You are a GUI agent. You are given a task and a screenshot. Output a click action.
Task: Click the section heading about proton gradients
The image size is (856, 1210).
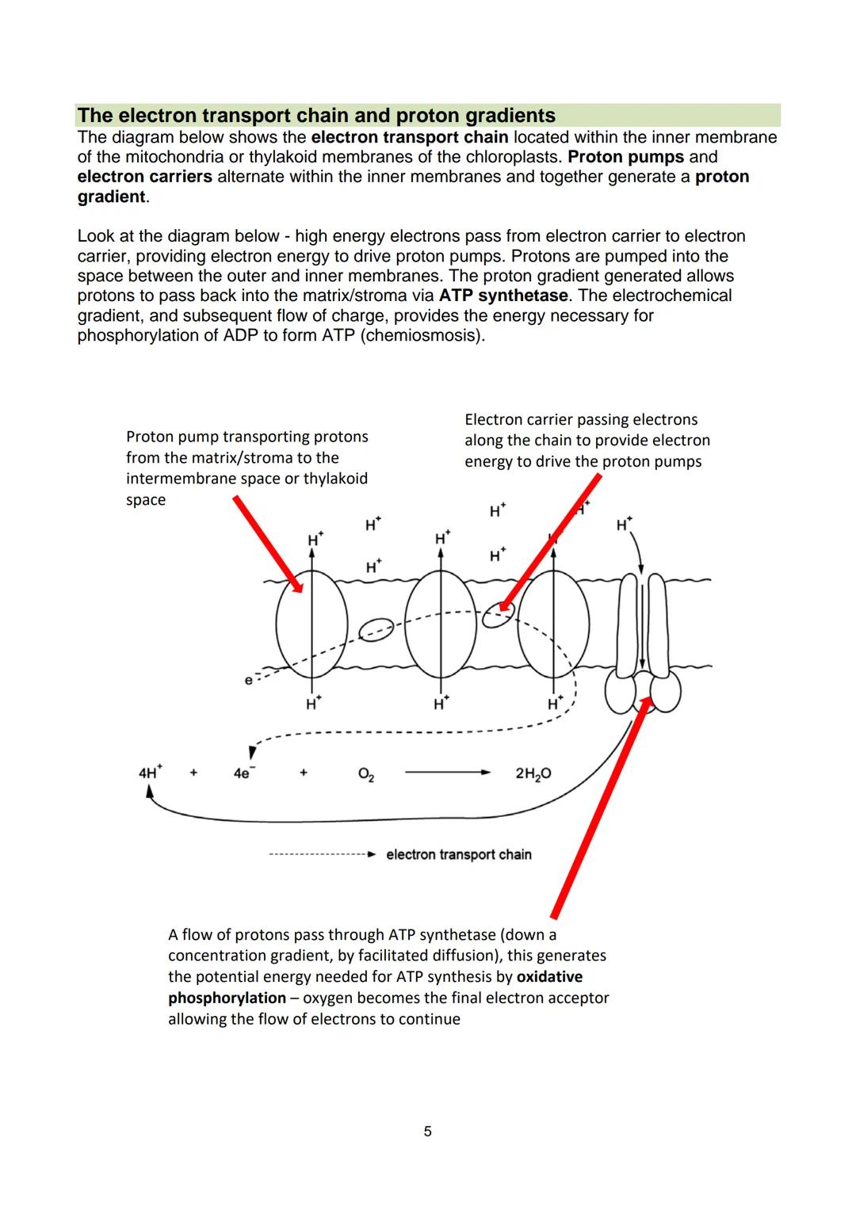click(x=316, y=116)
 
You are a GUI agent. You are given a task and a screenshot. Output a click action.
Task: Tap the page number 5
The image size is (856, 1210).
click(x=428, y=1132)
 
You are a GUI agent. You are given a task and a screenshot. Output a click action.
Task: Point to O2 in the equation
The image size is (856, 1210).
click(x=366, y=774)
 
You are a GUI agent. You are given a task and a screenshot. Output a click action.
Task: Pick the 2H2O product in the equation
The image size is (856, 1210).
click(x=533, y=773)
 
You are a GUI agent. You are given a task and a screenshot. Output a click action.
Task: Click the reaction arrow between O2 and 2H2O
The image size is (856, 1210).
click(x=448, y=773)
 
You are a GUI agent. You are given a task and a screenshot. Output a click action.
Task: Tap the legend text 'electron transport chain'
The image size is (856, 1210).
click(x=458, y=854)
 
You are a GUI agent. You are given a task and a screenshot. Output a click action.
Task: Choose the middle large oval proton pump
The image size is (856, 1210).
click(x=440, y=625)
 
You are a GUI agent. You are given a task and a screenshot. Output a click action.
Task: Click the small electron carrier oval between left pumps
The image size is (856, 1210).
click(x=376, y=630)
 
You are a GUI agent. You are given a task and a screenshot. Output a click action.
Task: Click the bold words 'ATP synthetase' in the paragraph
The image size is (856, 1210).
click(x=503, y=296)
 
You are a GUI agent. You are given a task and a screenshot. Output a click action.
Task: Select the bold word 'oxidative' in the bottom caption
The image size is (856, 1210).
click(x=549, y=977)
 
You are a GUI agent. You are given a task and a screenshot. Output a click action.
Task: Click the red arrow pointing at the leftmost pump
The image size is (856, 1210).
click(x=268, y=544)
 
